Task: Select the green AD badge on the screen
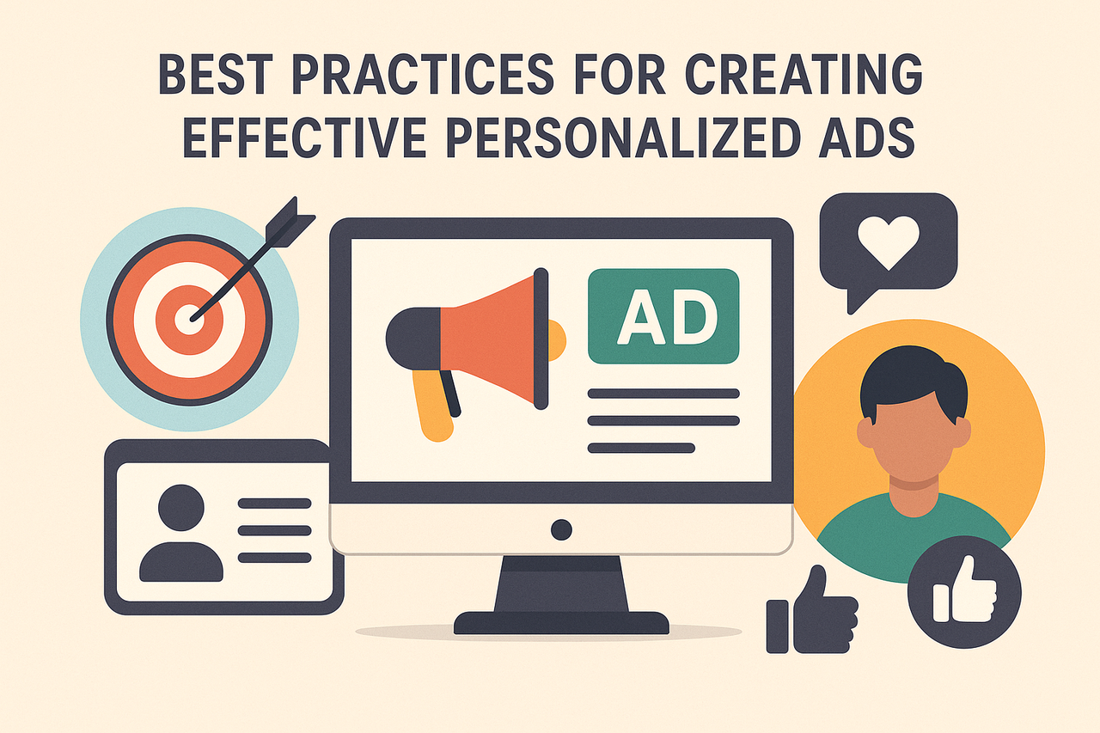(x=663, y=315)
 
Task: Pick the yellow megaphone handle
(x=433, y=405)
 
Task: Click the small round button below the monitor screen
(x=561, y=528)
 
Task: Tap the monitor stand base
(x=561, y=621)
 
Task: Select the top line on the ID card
(x=274, y=504)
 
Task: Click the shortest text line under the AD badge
(x=640, y=448)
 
